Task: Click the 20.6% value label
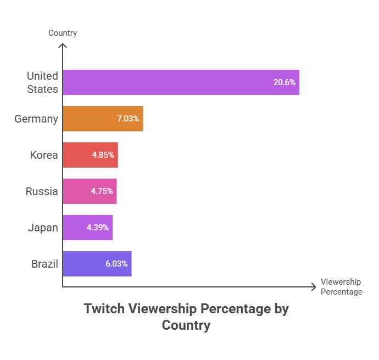(x=284, y=82)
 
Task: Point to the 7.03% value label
(x=128, y=119)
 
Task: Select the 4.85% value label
(x=103, y=155)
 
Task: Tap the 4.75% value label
(x=102, y=191)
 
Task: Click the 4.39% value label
(x=97, y=228)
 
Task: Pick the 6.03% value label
(x=116, y=264)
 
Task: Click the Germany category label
(x=36, y=119)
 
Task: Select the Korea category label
(x=44, y=155)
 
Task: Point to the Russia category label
(x=42, y=191)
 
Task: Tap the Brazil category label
(x=44, y=264)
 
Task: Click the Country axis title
(x=63, y=33)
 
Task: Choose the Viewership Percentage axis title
(x=341, y=287)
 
